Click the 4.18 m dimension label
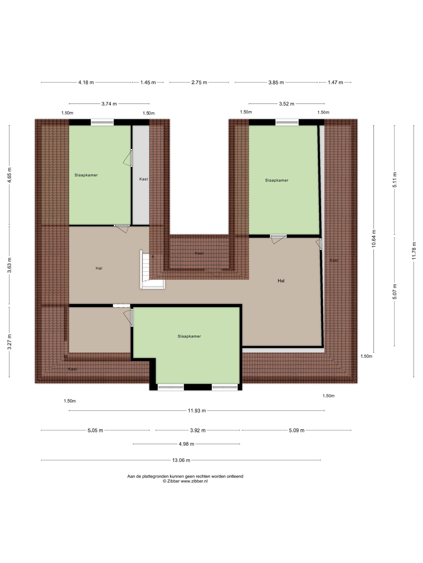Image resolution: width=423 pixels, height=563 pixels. [x=86, y=82]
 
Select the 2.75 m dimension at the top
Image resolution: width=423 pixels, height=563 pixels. [x=199, y=82]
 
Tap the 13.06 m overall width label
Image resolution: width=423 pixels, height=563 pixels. [x=181, y=460]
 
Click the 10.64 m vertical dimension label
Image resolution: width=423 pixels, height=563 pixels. [x=374, y=238]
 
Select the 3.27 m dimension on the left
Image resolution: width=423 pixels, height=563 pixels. [x=9, y=342]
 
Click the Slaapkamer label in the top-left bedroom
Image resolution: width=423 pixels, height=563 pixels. [x=86, y=175]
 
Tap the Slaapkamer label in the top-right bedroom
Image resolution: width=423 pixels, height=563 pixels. [x=277, y=180]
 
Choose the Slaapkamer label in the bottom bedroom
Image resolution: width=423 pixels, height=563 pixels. [x=189, y=336]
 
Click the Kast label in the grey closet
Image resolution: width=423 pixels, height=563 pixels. [x=144, y=179]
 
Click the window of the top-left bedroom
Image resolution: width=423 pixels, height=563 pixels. [x=102, y=122]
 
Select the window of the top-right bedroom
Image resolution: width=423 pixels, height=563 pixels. [x=287, y=122]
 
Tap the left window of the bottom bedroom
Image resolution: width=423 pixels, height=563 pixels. [x=171, y=387]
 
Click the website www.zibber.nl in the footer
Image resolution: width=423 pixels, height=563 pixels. [x=194, y=481]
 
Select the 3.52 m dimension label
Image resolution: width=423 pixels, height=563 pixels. [x=287, y=104]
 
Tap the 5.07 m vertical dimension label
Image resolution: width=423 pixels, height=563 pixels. [x=395, y=291]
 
